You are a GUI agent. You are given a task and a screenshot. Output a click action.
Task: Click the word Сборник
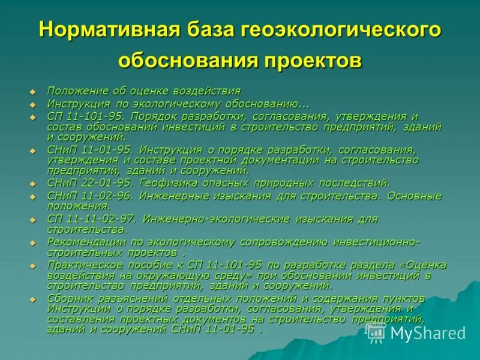70,298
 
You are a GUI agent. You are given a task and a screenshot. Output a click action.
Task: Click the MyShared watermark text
428,333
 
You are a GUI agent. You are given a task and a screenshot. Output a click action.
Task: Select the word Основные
414,196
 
